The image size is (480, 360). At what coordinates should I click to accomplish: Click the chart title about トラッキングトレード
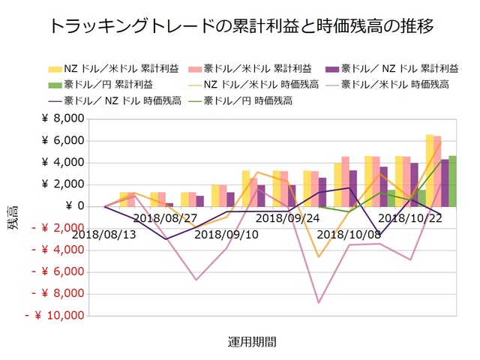point(240,26)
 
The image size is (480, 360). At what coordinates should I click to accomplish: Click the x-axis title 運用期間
point(252,342)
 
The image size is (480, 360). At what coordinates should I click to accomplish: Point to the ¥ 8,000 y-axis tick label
point(63,119)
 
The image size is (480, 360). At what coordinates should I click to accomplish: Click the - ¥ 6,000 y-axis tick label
point(58,272)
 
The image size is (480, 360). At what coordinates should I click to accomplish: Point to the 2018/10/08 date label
point(347,235)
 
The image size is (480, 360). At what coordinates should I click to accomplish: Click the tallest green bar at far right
point(452,181)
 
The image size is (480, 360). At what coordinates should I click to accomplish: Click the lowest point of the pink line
point(319,303)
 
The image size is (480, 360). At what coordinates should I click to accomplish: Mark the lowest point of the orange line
point(319,257)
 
